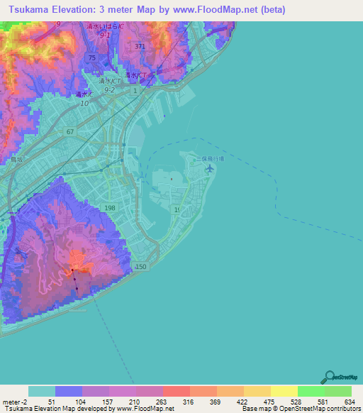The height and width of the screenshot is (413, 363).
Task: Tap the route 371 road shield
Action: click(x=140, y=46)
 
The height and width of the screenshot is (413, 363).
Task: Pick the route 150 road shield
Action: click(x=141, y=266)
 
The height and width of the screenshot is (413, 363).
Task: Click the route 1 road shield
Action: click(x=134, y=90)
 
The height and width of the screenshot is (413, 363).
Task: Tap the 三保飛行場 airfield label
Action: click(x=211, y=159)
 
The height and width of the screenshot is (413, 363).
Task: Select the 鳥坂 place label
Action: click(x=17, y=160)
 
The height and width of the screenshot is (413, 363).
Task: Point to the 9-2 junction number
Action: click(x=109, y=91)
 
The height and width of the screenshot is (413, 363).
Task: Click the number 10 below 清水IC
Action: click(x=84, y=104)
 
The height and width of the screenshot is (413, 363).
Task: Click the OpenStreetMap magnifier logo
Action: click(x=328, y=377)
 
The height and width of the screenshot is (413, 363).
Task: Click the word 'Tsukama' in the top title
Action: click(x=26, y=9)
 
